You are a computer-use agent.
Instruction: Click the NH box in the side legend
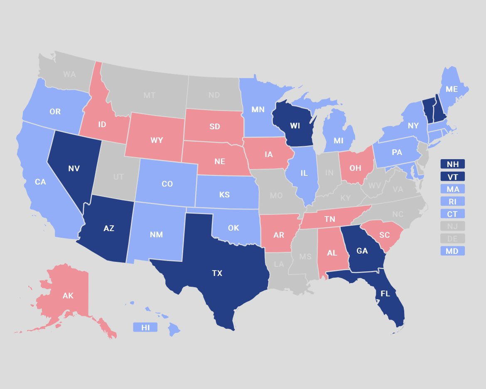pyautogui.click(x=452, y=164)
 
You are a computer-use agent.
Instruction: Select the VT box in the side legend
pyautogui.click(x=452, y=177)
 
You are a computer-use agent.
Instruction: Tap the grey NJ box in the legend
pyautogui.click(x=452, y=226)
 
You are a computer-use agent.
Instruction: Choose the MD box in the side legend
pyautogui.click(x=452, y=251)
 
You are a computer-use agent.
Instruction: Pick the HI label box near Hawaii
pyautogui.click(x=145, y=327)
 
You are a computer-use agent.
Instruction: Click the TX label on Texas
pyautogui.click(x=217, y=273)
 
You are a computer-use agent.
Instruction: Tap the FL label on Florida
pyautogui.click(x=385, y=294)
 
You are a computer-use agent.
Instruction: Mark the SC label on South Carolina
pyautogui.click(x=384, y=235)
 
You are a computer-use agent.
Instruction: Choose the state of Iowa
pyautogui.click(x=269, y=155)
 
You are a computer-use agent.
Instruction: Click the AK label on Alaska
pyautogui.click(x=68, y=296)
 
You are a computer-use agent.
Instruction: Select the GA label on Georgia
pyautogui.click(x=362, y=250)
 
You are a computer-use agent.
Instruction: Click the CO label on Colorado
pyautogui.click(x=167, y=183)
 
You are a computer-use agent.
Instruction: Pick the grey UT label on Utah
pyautogui.click(x=118, y=177)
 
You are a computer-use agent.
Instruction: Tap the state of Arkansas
pyautogui.click(x=279, y=235)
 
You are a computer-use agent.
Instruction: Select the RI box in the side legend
pyautogui.click(x=452, y=202)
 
